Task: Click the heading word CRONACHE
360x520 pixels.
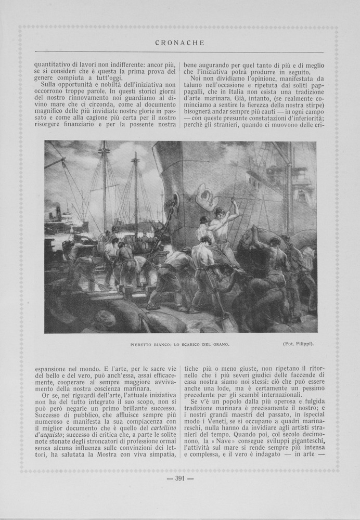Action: (179, 43)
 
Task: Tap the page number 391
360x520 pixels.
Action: (179, 479)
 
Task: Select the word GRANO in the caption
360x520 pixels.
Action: (219, 344)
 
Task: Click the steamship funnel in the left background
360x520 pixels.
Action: (57, 212)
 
